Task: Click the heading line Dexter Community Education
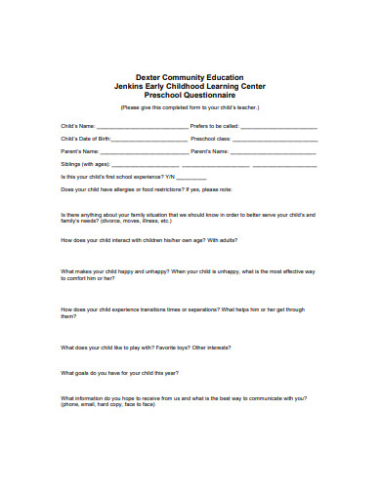pyautogui.click(x=191, y=76)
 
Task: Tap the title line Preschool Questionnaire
pyautogui.click(x=191, y=95)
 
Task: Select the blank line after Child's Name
pyautogui.click(x=142, y=127)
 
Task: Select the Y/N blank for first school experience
pyautogui.click(x=183, y=177)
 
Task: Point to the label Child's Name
pyautogui.click(x=78, y=127)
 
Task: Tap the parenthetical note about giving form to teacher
pyautogui.click(x=191, y=106)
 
